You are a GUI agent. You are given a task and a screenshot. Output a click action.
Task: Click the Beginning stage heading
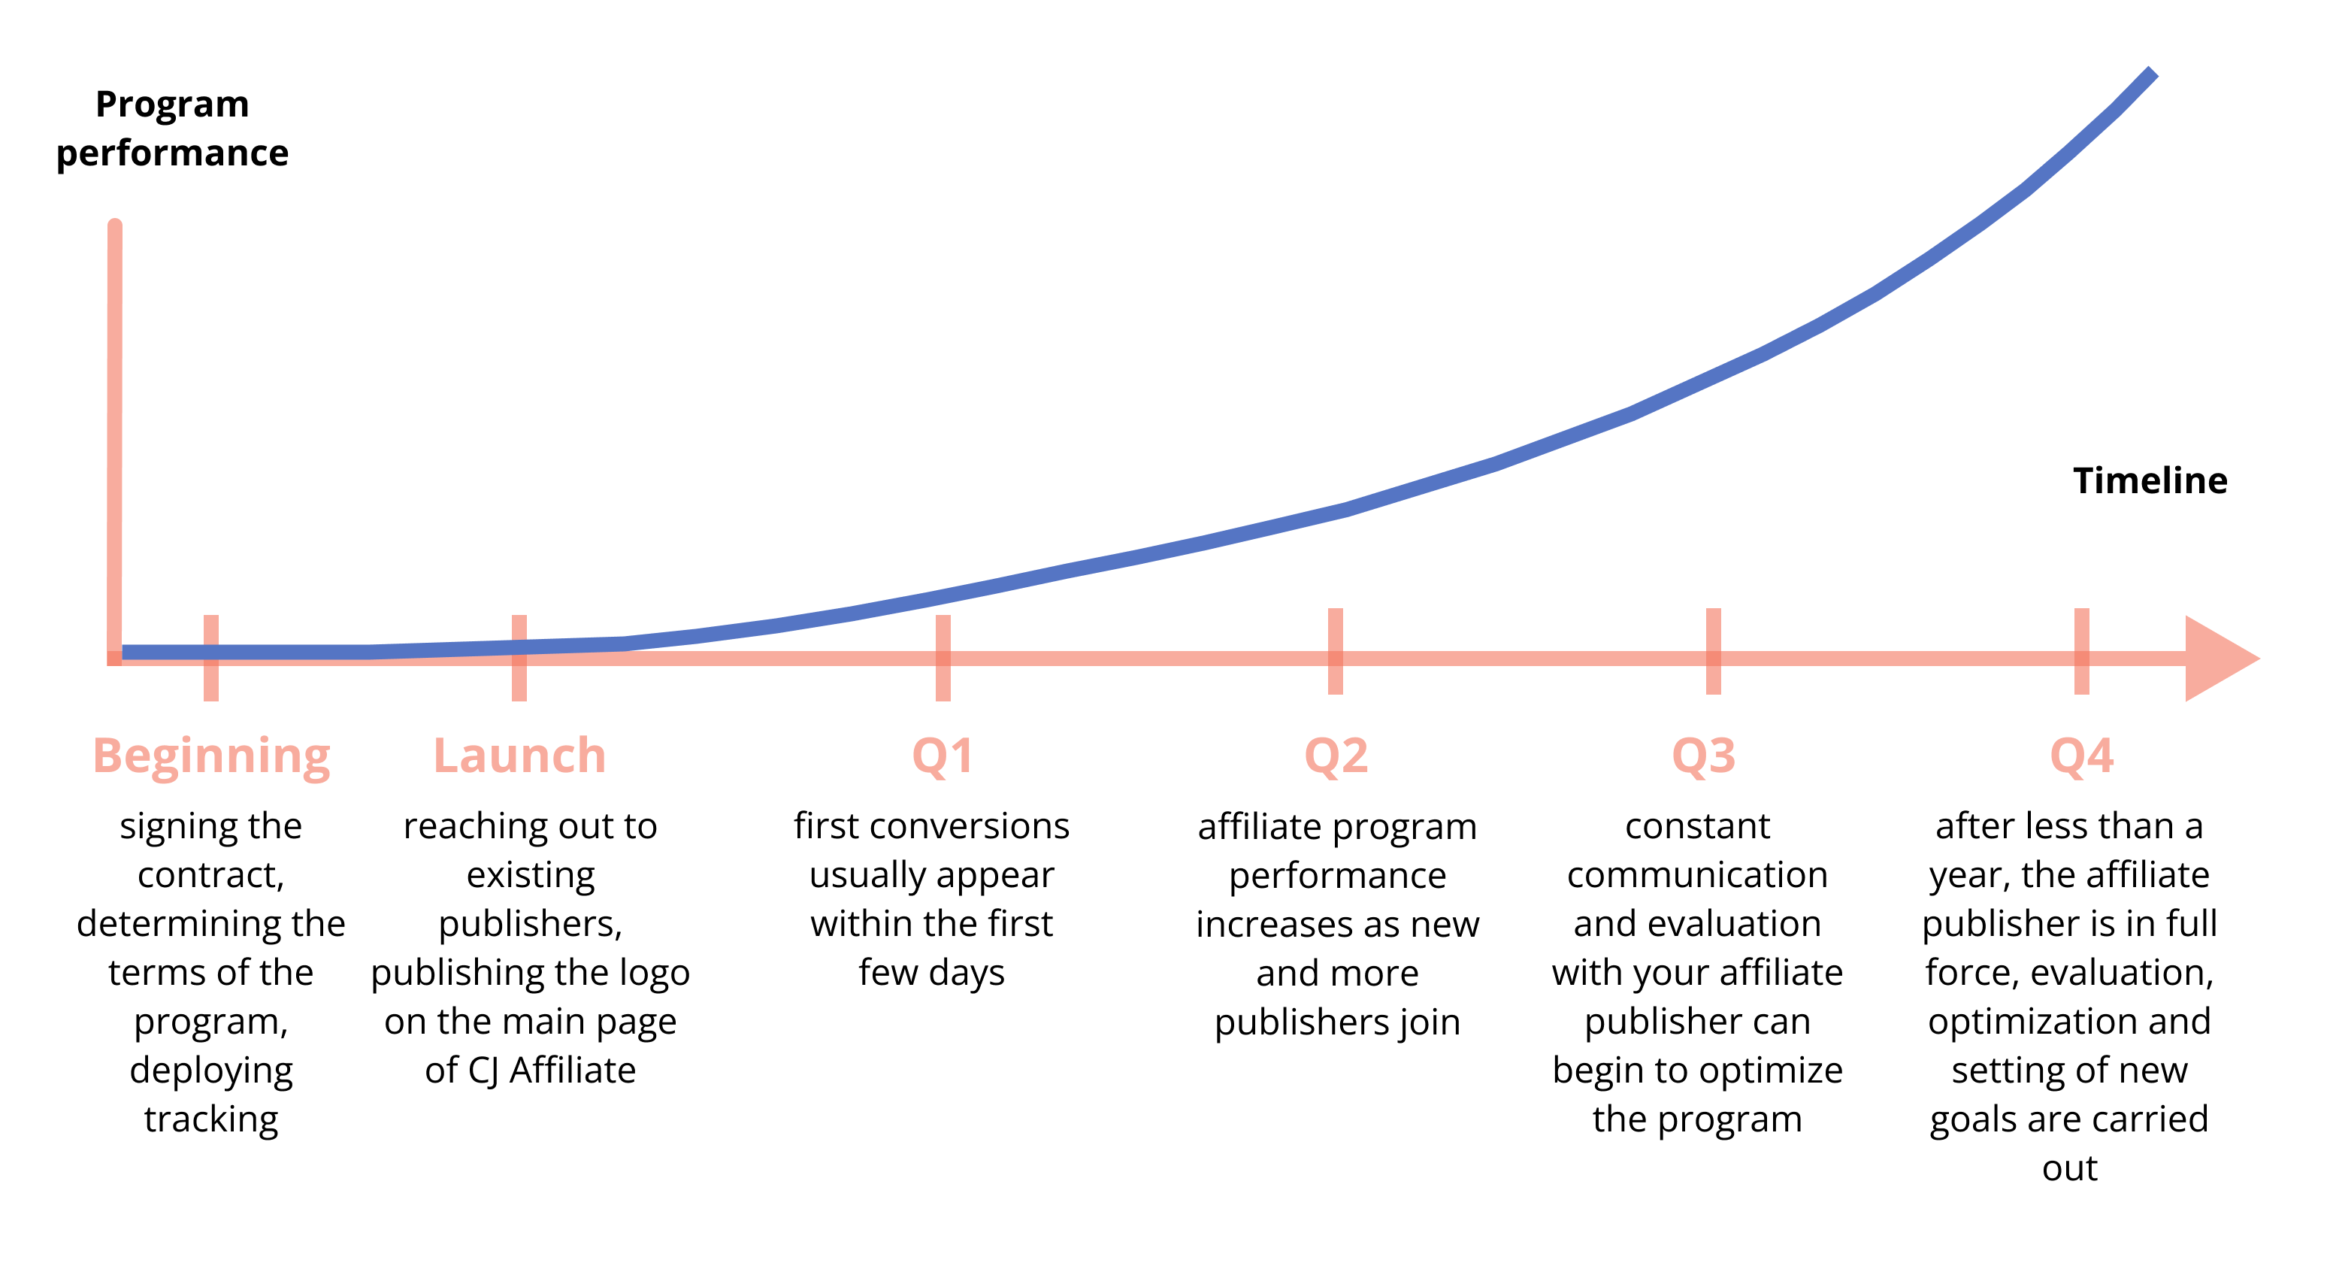click(212, 757)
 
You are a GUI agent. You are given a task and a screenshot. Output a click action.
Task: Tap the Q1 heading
click(943, 756)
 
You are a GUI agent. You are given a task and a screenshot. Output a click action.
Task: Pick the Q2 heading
click(1336, 756)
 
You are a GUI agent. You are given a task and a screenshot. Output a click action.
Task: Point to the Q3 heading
click(1704, 756)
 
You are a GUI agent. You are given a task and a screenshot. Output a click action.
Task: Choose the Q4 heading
click(2081, 756)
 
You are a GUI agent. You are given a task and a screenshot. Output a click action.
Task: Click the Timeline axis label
click(2150, 480)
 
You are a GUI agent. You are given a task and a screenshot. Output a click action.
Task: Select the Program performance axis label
click(173, 129)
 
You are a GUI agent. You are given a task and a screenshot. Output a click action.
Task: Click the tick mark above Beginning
click(210, 658)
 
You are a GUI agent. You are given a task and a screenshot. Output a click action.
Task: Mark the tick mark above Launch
click(519, 658)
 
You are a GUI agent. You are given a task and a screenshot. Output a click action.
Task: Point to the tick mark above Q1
click(943, 658)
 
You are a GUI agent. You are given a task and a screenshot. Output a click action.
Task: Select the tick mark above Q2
click(1336, 651)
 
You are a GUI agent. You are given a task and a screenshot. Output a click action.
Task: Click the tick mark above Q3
click(1713, 651)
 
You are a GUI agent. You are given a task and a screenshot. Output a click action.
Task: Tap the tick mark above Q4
click(2081, 651)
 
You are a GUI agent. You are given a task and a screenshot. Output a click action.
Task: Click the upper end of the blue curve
click(2153, 71)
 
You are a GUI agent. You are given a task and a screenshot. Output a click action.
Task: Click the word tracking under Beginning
click(212, 1120)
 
